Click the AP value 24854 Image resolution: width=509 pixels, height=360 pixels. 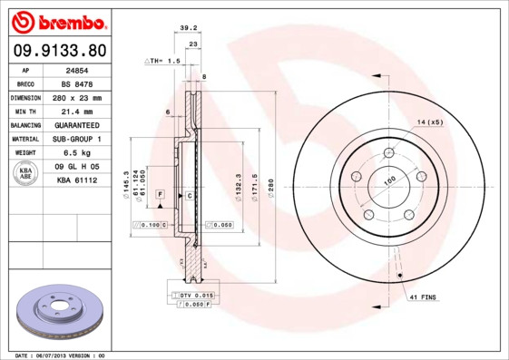coord(76,68)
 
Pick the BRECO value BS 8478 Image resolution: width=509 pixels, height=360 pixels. coord(76,83)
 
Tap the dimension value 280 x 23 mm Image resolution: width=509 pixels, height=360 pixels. coord(76,96)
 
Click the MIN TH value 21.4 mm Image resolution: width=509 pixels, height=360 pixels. coord(76,111)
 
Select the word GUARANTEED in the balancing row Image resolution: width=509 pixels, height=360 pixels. coord(76,124)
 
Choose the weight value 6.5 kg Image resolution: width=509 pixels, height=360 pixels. coord(76,153)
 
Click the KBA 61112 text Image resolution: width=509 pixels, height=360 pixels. coord(76,181)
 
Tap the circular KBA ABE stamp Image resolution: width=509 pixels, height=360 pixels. coord(26,174)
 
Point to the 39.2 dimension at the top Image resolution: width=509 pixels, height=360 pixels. coord(189,27)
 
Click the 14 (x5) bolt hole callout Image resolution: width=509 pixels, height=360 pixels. coord(429,122)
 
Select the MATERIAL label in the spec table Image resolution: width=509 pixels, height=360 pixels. coord(24,139)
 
